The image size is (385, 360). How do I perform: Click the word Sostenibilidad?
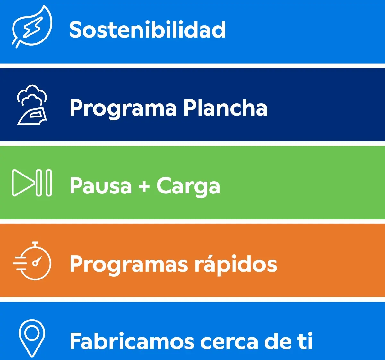(x=148, y=30)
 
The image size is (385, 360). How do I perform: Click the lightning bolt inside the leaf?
(x=33, y=27)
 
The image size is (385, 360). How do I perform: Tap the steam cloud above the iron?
(x=32, y=95)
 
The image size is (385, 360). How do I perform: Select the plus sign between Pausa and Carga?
(x=144, y=187)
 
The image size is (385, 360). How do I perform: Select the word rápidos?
(x=236, y=264)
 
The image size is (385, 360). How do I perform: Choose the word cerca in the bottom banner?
(x=229, y=342)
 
